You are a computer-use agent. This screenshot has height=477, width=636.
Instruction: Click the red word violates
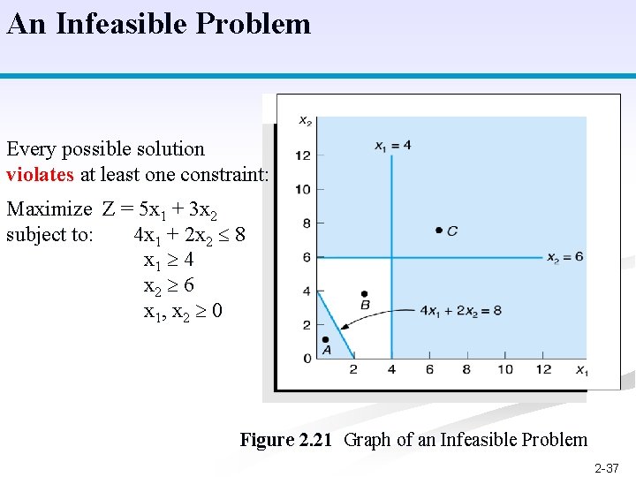[x=40, y=174]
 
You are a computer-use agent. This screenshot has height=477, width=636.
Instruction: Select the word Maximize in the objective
[x=49, y=209]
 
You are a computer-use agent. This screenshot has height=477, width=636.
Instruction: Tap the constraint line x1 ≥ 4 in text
[x=169, y=261]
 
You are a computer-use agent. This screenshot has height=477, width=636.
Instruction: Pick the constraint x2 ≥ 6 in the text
[x=169, y=285]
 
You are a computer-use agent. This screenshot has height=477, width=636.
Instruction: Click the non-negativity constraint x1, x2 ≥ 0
[x=183, y=311]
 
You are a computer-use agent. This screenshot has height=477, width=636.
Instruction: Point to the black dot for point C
[x=439, y=230]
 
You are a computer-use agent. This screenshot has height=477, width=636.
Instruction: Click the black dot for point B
[x=364, y=294]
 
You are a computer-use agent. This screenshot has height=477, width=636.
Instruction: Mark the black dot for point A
[x=325, y=339]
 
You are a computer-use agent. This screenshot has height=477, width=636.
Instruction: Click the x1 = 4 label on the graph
[x=392, y=145]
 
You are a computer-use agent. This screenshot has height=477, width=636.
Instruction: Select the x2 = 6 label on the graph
[x=564, y=258]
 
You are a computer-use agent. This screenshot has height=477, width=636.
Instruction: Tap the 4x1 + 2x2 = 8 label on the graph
[x=460, y=310]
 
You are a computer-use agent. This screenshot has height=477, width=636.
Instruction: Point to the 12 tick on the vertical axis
[x=303, y=155]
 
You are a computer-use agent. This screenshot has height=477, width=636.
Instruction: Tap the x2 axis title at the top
[x=305, y=120]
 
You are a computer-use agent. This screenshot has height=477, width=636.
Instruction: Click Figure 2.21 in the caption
[x=287, y=440]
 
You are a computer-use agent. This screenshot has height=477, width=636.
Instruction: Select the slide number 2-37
[x=606, y=468]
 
